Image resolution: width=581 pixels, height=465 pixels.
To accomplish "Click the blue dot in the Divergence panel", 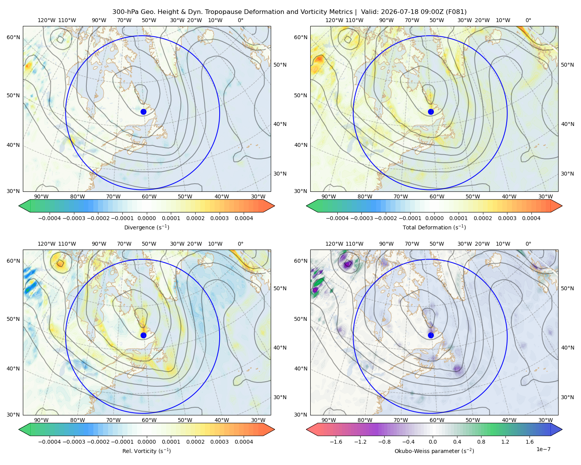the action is pos(143,112).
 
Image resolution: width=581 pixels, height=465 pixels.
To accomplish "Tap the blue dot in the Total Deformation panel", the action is pos(431,112).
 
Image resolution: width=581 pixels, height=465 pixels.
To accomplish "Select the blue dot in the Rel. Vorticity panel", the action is pos(143,335).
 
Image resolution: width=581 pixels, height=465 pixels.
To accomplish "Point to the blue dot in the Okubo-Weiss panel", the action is pos(431,335).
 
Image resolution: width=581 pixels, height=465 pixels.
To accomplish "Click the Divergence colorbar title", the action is pos(146,227).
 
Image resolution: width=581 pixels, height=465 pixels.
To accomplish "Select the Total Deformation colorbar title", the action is pos(434,227).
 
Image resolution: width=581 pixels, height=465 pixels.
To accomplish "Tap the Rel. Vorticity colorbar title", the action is pos(146,451).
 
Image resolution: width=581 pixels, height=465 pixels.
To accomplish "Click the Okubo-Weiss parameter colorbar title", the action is pos(434,451).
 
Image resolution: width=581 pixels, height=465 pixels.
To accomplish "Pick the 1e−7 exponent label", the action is pos(543,449).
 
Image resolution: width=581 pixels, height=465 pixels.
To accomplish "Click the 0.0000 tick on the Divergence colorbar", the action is pos(146,218).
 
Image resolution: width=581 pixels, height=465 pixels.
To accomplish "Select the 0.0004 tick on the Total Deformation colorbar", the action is pos(531,218).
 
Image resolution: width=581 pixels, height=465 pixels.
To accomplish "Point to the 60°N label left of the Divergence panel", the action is pos(13,37).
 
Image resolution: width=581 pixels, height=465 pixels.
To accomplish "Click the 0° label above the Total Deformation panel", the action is pos(528,20).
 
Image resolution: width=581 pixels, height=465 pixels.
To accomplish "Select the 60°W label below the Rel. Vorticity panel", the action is pos(149,420).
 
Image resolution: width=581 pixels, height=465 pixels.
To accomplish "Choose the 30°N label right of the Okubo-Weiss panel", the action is pos(567,397).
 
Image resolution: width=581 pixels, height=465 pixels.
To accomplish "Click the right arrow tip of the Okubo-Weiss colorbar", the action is pos(562,429).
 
